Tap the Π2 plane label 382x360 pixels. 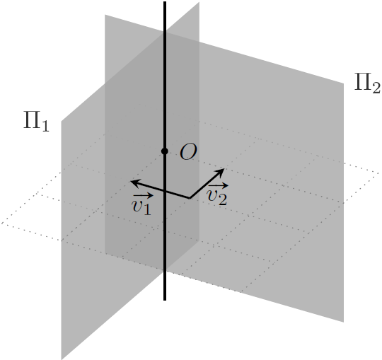[367, 83]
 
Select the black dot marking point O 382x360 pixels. [165, 151]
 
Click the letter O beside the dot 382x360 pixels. [188, 151]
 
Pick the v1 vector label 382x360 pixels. [142, 204]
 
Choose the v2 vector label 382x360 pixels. [218, 194]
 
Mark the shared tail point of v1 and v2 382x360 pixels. [190, 198]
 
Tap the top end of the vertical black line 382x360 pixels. [165, 1]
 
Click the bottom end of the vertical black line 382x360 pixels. [165, 300]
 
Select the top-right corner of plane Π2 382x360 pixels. [344, 83]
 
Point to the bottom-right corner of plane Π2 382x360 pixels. [344, 323]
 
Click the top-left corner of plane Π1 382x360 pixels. [61, 121]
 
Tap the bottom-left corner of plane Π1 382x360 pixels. [61, 359]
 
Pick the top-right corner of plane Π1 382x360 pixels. [199, 2]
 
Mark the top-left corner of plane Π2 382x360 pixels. [105, 15]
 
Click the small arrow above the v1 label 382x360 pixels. [143, 195]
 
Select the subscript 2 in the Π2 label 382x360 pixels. [375, 87]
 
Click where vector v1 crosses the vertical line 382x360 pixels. [165, 191]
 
